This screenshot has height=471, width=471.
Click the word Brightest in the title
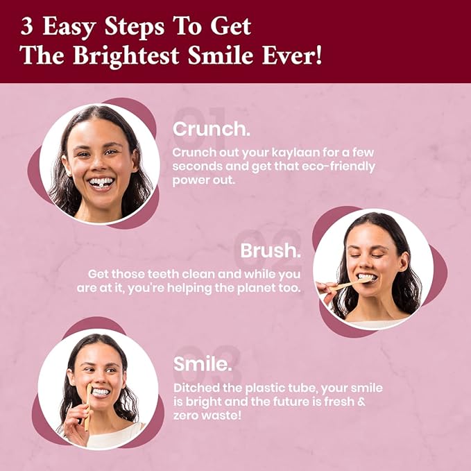point(126,56)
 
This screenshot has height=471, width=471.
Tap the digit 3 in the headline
point(26,26)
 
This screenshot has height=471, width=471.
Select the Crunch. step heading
point(212,129)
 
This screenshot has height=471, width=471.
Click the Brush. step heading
point(271,250)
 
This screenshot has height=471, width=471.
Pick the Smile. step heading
point(203,364)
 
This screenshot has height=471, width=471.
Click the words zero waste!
point(207,416)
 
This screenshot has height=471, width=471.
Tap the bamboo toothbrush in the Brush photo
point(350,284)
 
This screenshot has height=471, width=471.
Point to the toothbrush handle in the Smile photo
point(88,408)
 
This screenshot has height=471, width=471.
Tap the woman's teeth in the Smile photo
point(101,392)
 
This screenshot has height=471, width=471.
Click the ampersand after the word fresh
point(361,402)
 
